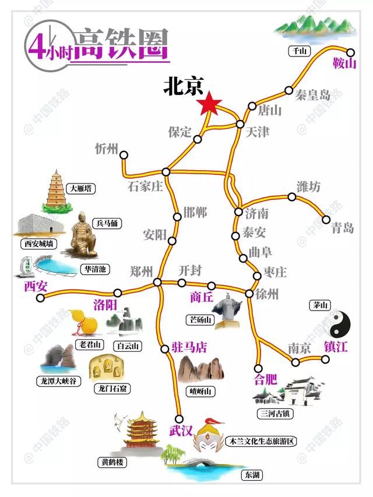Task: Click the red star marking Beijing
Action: point(209,105)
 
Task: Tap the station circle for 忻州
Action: point(124,154)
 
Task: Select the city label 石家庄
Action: point(145,187)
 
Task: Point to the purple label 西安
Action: point(36,285)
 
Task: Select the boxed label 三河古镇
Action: point(276,413)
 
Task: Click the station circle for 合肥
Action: point(259,368)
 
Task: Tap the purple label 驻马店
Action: point(189,347)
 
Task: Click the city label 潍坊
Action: point(308,187)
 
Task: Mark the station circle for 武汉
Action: point(180,418)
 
